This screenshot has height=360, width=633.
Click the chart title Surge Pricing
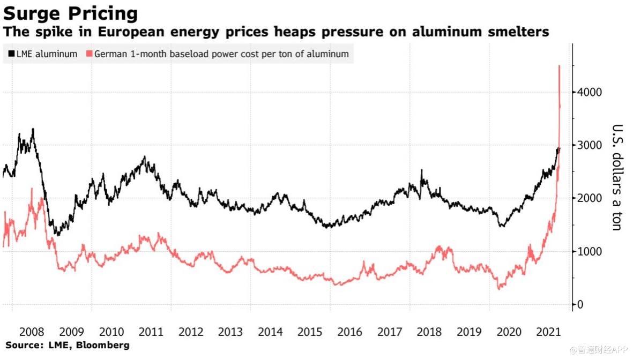click(x=70, y=13)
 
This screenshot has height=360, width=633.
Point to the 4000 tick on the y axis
click(x=589, y=92)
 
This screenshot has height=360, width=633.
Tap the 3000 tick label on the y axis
click(x=589, y=145)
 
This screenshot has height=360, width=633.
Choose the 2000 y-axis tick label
click(x=589, y=198)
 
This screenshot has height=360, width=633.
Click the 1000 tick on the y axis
click(x=589, y=251)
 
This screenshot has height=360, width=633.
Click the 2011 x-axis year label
click(x=151, y=332)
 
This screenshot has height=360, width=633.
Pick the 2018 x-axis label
click(x=430, y=332)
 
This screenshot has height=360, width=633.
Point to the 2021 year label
click(x=549, y=332)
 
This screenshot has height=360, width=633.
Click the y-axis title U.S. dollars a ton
click(x=617, y=177)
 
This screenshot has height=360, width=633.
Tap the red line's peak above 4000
click(x=559, y=66)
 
